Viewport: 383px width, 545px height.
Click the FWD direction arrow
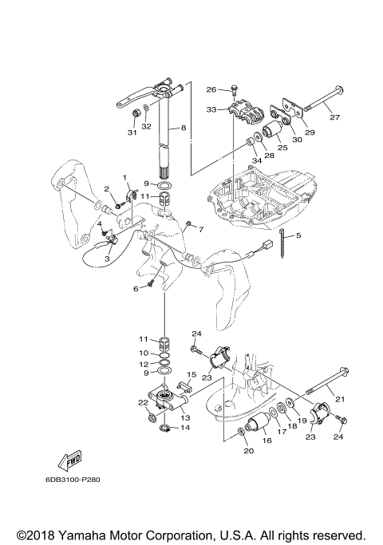(x=70, y=461)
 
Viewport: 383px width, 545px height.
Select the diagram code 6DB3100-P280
(x=73, y=480)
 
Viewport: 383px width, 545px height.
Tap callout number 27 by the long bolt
(x=334, y=117)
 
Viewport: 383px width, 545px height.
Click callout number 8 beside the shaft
(x=184, y=128)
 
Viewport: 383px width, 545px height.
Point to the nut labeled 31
(x=136, y=113)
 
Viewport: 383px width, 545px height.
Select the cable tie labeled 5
(x=282, y=244)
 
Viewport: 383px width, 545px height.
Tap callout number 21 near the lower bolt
(x=340, y=399)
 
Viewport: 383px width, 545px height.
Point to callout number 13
(x=185, y=418)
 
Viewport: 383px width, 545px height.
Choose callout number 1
(x=124, y=178)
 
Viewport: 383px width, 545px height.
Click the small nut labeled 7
(x=189, y=223)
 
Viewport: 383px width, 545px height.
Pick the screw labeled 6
(x=151, y=284)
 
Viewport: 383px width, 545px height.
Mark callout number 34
(x=256, y=161)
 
